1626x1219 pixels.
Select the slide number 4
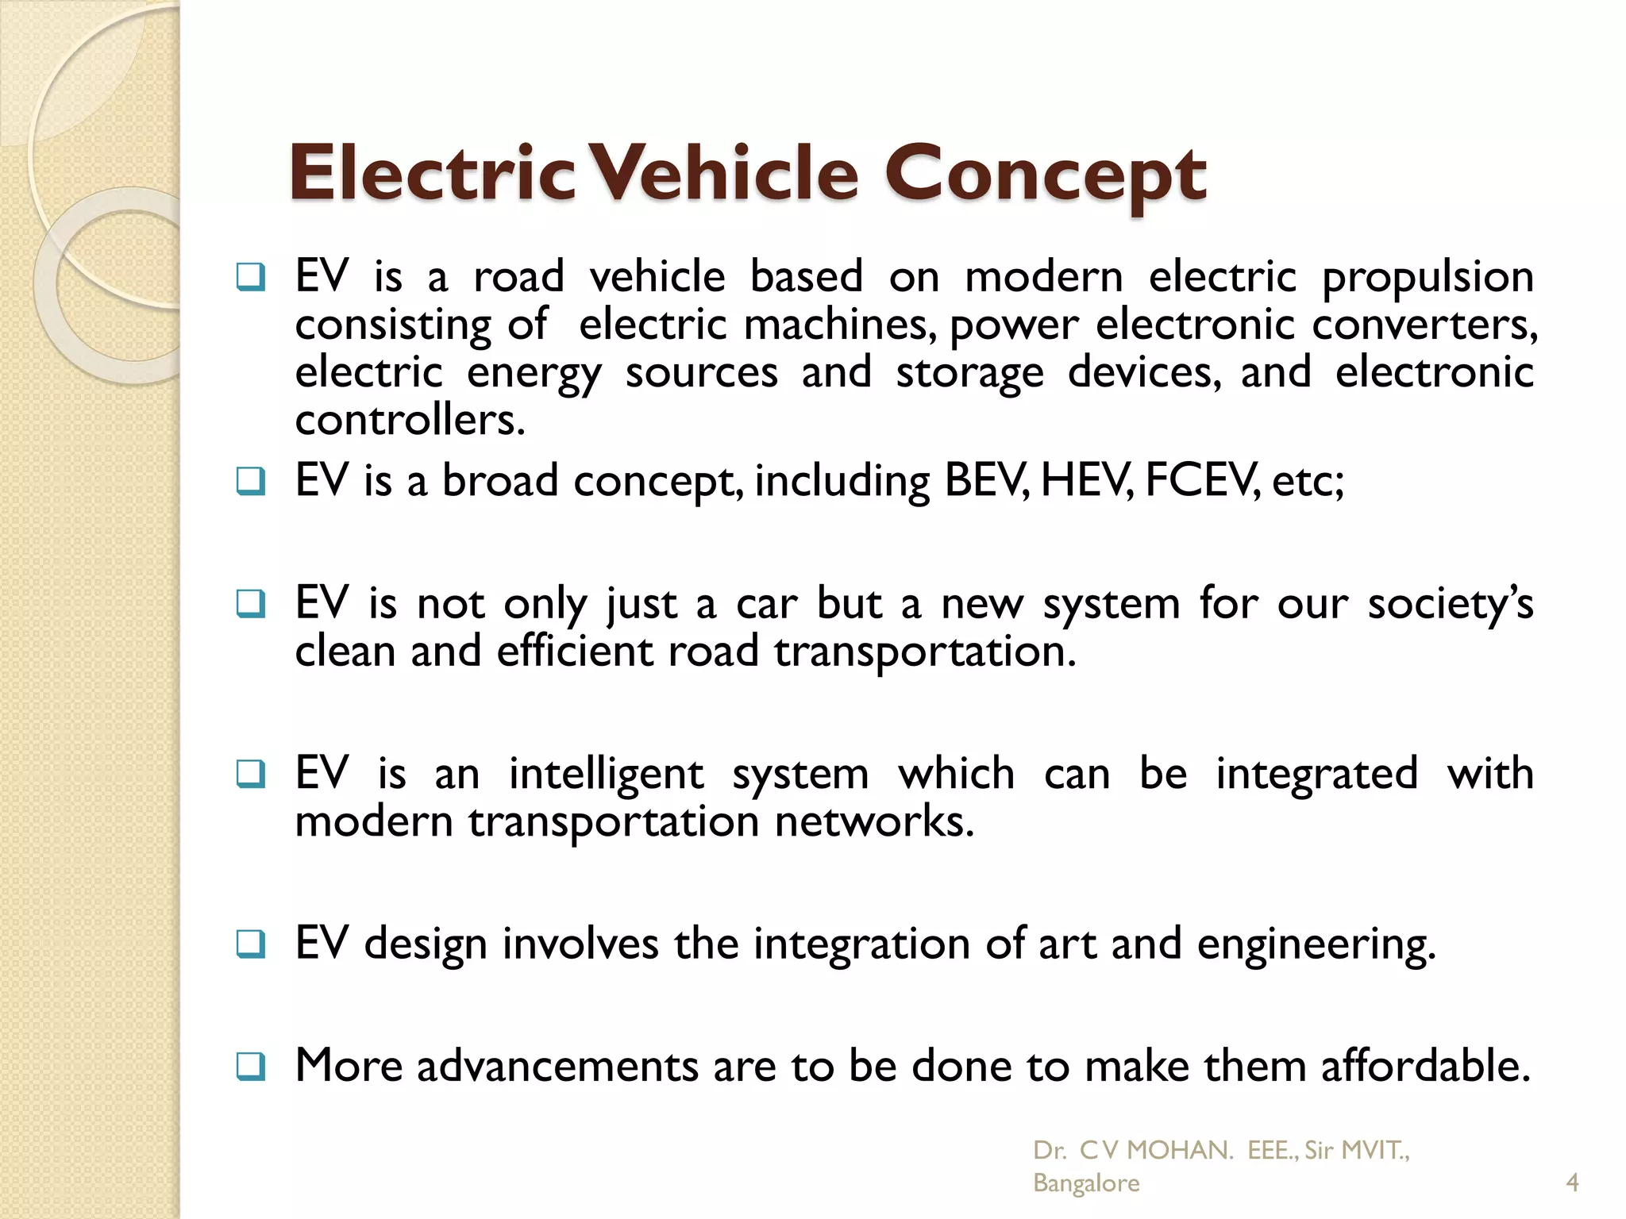coord(1572,1183)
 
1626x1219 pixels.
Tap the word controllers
coord(410,420)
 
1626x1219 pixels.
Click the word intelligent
coord(606,775)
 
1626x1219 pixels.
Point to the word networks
coord(873,821)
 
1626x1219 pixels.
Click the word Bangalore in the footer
coord(1085,1183)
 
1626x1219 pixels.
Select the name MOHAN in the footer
coord(1179,1150)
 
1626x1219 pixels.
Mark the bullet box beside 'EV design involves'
coord(251,944)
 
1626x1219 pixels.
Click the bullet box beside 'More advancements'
coord(251,1066)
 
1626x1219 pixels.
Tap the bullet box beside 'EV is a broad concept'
coord(251,481)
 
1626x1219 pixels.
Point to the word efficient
coord(575,652)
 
